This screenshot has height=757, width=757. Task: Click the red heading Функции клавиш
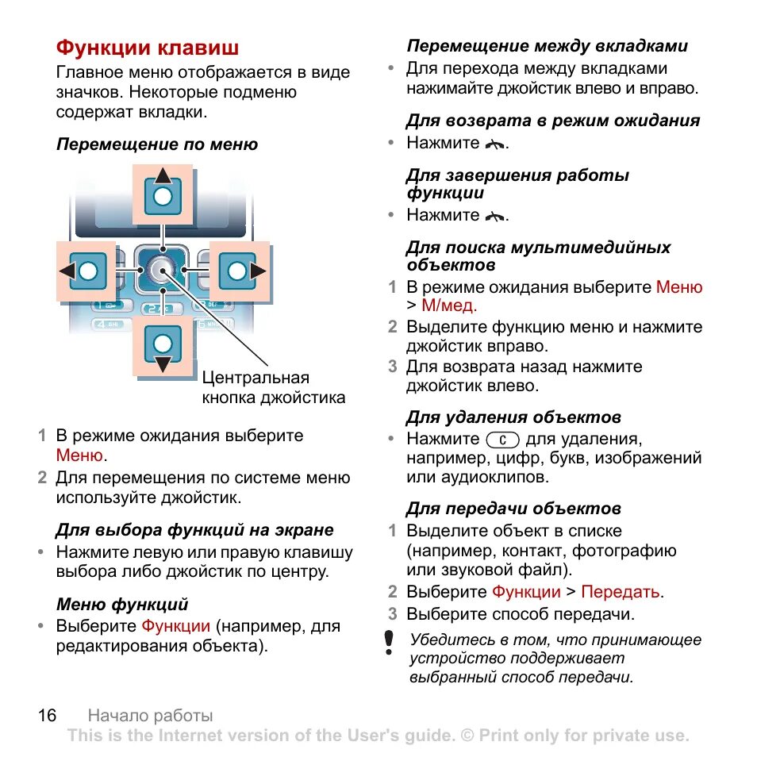point(147,48)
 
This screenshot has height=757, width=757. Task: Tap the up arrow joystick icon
point(163,194)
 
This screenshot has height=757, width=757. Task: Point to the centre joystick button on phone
point(163,271)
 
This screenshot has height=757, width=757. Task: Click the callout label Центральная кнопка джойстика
point(273,387)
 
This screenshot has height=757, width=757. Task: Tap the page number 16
point(47,715)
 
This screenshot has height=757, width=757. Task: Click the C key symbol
point(502,440)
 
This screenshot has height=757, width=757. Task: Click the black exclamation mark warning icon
point(389,642)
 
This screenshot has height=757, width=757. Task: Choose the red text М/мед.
point(449,305)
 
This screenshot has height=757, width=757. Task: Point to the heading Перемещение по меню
point(156,144)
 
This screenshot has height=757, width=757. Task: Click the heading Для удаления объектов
point(513,417)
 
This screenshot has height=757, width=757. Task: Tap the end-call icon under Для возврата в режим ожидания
point(495,144)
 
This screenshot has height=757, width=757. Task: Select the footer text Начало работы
point(150,716)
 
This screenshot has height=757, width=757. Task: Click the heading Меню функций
point(122,605)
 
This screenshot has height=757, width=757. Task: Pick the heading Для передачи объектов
point(513,509)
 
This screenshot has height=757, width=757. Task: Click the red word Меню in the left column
point(79,455)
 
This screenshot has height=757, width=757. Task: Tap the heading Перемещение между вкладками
point(547,46)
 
